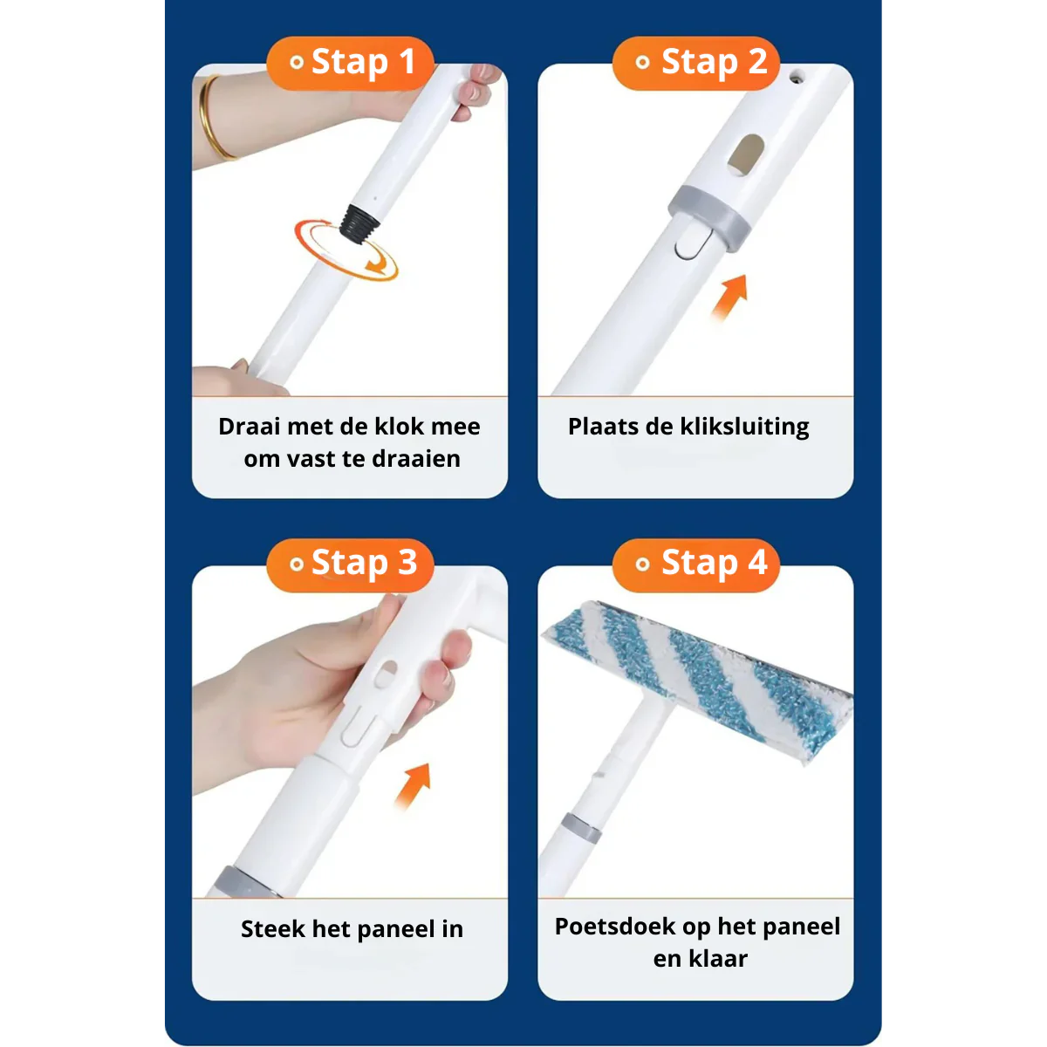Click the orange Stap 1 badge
tap(350, 63)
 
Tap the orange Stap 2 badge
tap(696, 63)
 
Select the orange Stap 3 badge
tap(350, 564)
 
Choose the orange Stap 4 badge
tap(696, 564)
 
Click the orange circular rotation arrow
tap(346, 251)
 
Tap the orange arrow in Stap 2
tap(730, 298)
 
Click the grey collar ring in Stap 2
tap(708, 215)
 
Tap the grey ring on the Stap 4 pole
tap(581, 827)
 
